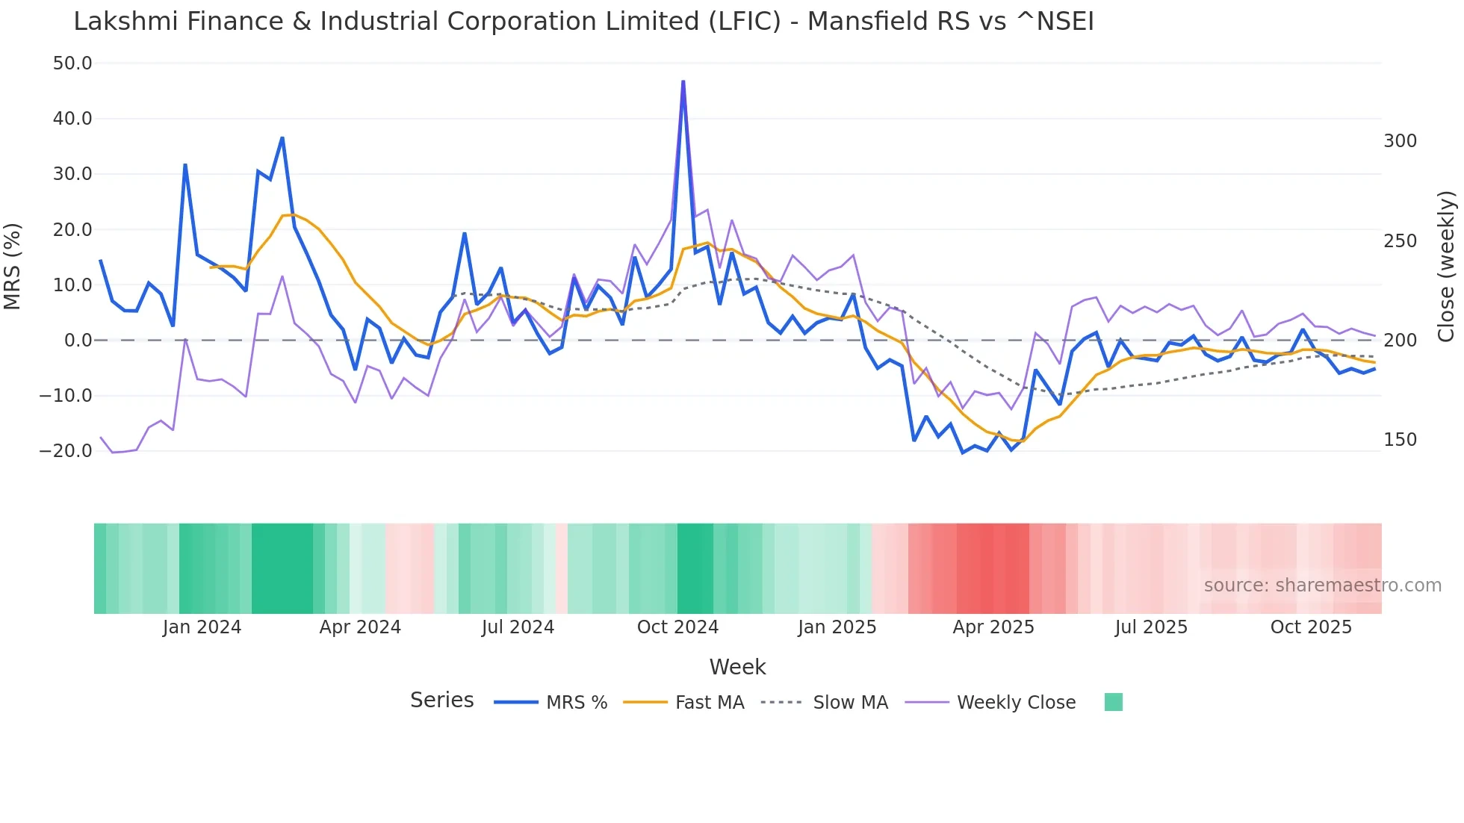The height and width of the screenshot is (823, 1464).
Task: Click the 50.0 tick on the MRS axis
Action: tap(72, 63)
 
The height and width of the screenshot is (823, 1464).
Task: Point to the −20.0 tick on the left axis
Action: tap(66, 451)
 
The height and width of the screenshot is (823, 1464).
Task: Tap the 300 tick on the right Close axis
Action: tap(1400, 141)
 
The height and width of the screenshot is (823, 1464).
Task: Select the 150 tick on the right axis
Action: tap(1400, 440)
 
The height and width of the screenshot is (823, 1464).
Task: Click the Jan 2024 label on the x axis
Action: tap(202, 627)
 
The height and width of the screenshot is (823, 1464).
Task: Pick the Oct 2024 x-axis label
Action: tap(677, 627)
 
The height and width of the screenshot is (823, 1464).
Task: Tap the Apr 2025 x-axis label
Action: tap(993, 627)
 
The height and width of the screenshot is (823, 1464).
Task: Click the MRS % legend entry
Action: tap(577, 703)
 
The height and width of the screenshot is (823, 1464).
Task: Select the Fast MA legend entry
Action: tap(710, 703)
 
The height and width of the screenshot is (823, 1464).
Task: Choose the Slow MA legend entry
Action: tap(850, 703)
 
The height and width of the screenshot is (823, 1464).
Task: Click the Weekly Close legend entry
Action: tap(1016, 703)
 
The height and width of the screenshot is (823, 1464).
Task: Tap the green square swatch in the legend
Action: tap(1114, 702)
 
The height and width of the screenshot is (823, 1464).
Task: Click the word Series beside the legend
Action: tap(441, 701)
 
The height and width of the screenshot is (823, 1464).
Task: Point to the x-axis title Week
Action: tap(737, 667)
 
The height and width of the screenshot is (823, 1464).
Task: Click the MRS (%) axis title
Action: tap(13, 266)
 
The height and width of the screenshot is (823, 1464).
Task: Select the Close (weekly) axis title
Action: tap(1447, 266)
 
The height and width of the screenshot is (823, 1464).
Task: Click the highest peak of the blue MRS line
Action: tap(683, 82)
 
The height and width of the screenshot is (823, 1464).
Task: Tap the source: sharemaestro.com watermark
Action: tap(1322, 586)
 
